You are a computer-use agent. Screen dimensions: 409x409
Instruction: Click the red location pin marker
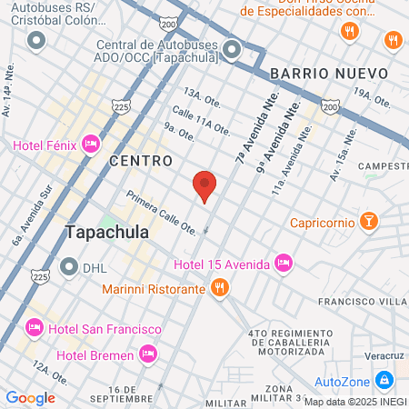[205, 186]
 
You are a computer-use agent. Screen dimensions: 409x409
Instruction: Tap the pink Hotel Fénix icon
[90, 144]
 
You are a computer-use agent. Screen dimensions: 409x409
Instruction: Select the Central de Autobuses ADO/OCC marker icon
[232, 49]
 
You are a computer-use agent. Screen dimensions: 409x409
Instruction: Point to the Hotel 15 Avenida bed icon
[284, 264]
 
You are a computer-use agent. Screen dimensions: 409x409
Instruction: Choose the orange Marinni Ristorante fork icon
[218, 288]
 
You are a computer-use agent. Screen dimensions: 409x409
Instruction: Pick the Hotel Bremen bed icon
[147, 353]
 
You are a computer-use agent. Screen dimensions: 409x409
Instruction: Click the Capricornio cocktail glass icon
[369, 222]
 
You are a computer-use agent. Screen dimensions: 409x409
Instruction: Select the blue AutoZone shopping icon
[384, 379]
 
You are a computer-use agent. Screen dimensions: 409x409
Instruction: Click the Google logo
[30, 397]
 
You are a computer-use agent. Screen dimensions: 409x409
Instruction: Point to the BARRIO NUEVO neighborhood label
[329, 73]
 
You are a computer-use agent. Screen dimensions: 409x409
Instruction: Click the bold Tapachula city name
[107, 233]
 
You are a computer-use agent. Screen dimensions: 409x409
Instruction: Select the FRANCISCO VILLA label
[360, 301]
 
